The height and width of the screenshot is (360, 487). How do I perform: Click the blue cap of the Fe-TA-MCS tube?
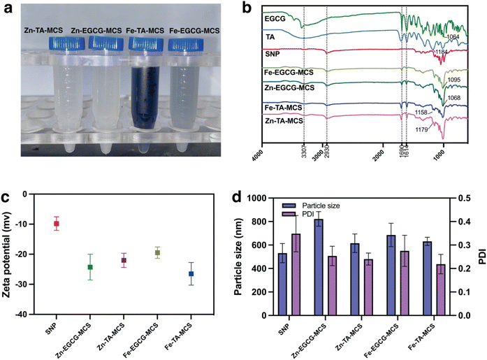click(x=149, y=44)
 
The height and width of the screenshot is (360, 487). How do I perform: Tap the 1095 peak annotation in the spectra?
click(x=453, y=80)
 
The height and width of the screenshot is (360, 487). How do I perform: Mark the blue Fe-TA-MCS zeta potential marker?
click(x=190, y=274)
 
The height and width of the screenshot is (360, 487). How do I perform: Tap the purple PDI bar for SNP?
click(x=296, y=274)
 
